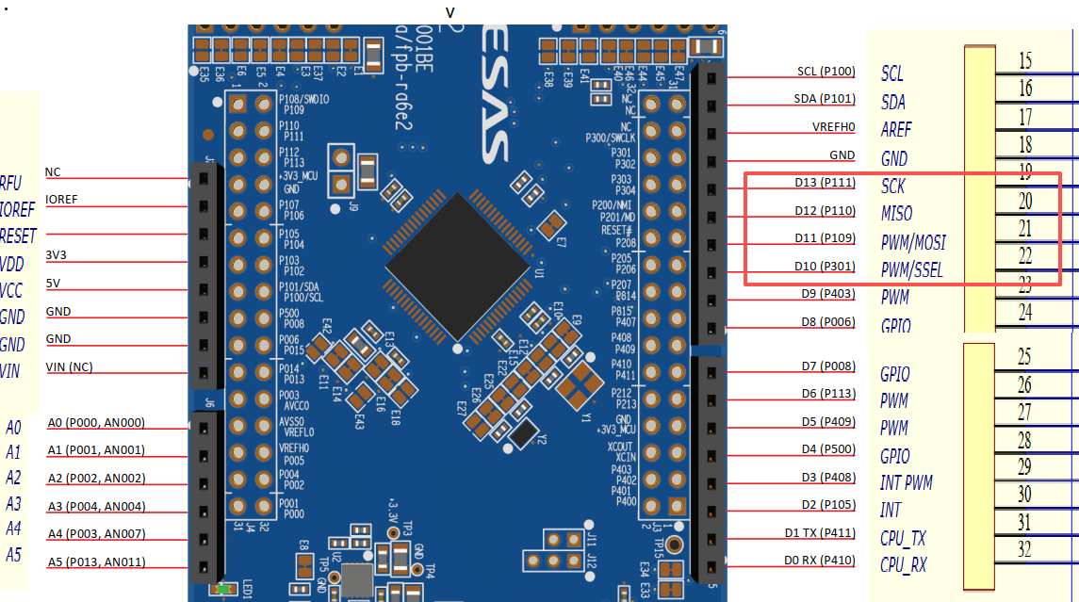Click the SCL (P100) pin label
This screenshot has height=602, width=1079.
826,72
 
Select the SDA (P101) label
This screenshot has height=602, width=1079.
825,99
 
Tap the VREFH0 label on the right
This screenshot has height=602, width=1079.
833,127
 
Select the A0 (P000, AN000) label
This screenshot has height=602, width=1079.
96,423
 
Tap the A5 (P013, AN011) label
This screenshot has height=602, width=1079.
96,563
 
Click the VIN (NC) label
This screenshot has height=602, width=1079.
69,366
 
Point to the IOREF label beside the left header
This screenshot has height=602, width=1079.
61,200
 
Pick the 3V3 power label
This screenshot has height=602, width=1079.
57,255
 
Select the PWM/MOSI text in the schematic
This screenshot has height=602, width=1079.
912,243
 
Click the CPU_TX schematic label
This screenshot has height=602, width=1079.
903,539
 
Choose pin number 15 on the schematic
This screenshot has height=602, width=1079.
1025,61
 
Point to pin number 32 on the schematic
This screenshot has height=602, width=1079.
1025,549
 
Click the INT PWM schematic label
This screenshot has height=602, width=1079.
906,483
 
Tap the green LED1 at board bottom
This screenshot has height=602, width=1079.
223,590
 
